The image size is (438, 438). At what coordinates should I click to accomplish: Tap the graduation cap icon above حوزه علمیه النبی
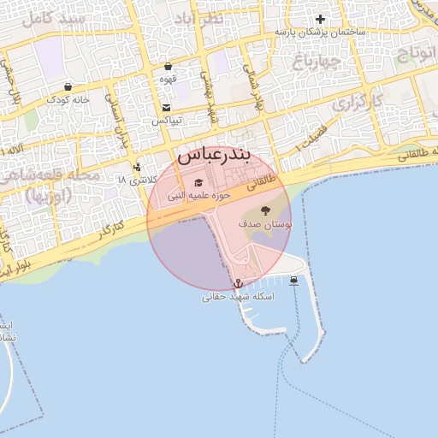pyautogui.click(x=199, y=182)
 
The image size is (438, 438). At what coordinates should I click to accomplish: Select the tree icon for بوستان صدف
pyautogui.click(x=264, y=210)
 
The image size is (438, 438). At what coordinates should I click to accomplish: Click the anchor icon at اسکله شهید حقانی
pyautogui.click(x=238, y=283)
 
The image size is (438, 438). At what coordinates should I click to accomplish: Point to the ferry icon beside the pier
pyautogui.click(x=294, y=280)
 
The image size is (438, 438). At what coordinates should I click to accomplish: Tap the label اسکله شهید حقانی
pyautogui.click(x=237, y=297)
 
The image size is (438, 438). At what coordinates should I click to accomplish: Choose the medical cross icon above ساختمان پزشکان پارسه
pyautogui.click(x=321, y=19)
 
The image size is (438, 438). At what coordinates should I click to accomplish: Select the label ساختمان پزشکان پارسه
pyautogui.click(x=321, y=32)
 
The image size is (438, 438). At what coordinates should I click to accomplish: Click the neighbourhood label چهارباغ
pyautogui.click(x=317, y=62)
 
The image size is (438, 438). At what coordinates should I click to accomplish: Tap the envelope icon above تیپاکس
pyautogui.click(x=166, y=108)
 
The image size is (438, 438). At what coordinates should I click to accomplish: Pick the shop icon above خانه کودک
pyautogui.click(x=68, y=86)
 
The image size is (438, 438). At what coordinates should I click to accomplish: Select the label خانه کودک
pyautogui.click(x=68, y=99)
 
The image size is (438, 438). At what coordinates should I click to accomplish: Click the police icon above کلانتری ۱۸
pyautogui.click(x=137, y=167)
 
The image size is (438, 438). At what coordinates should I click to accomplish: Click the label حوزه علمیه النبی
pyautogui.click(x=198, y=196)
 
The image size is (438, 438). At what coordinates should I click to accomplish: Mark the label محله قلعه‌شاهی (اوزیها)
pyautogui.click(x=51, y=185)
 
